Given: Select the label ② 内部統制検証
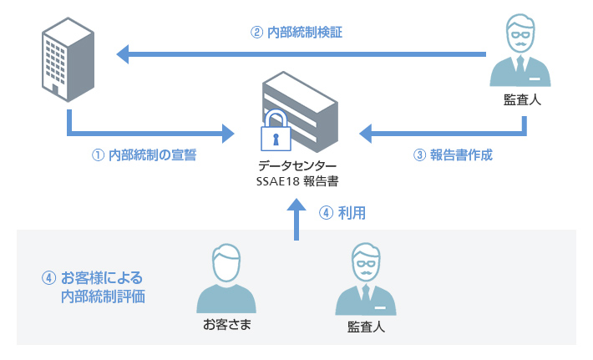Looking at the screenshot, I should click(296, 33).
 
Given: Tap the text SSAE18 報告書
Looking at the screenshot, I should click(297, 180).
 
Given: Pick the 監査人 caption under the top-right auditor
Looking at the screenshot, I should click(523, 100).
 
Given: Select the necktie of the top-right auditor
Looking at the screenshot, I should click(522, 67).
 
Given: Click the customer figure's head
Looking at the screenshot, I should click(226, 263).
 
